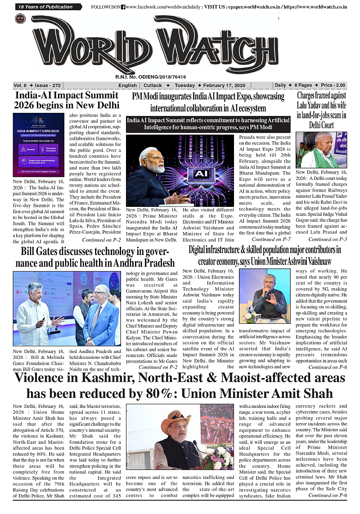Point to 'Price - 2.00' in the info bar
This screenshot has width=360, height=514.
coord(333,85)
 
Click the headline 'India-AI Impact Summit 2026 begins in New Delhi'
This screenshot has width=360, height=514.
coord(67,100)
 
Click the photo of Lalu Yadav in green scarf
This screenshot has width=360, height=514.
coord(321,150)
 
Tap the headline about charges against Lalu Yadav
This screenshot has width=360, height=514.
coord(321,110)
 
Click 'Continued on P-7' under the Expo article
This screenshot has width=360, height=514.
coord(271,240)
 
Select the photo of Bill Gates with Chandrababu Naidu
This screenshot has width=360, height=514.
coord(67,309)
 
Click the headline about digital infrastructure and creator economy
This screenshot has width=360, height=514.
coord(265,255)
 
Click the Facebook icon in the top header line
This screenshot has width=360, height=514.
coord(123,7)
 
